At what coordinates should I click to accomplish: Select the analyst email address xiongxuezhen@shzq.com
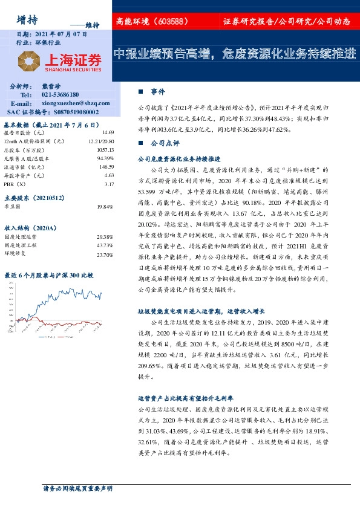[74, 103]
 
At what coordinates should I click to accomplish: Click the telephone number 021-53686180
[61, 95]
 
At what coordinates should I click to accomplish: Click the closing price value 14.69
[108, 132]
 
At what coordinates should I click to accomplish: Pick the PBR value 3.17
[109, 184]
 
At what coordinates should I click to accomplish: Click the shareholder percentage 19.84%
[105, 207]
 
